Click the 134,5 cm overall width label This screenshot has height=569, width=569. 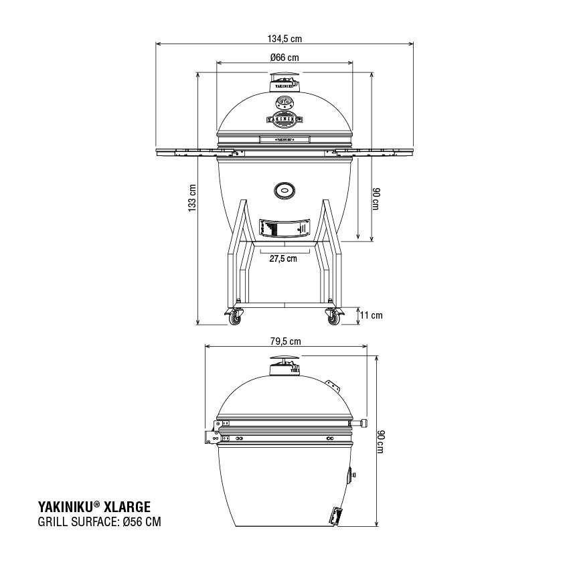point(284,38)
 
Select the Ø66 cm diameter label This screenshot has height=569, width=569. point(284,58)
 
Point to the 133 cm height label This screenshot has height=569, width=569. point(193,199)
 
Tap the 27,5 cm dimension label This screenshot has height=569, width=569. point(283,259)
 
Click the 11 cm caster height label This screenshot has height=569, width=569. point(371,315)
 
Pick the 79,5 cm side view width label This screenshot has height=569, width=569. point(285,341)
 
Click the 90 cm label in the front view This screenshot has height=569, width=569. point(376,199)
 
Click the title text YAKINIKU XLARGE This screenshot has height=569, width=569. point(93,507)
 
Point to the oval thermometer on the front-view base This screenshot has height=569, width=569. point(284,191)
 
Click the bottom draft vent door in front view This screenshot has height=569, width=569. point(284,228)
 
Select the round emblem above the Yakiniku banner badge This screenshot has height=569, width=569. point(284,102)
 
